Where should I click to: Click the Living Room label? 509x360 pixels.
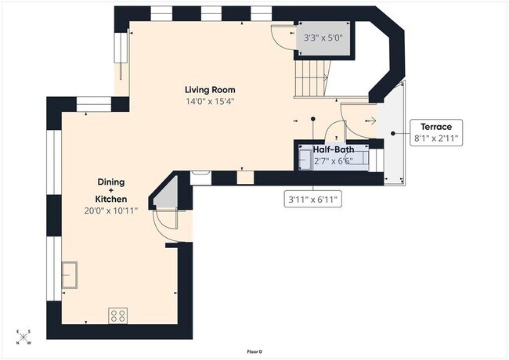pyautogui.click(x=210, y=89)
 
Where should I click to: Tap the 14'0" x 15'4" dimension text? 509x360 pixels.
pyautogui.click(x=210, y=102)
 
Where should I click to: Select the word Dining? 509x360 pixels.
pyautogui.click(x=110, y=182)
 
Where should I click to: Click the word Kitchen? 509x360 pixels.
pyautogui.click(x=110, y=200)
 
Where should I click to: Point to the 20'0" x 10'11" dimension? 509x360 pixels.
pyautogui.click(x=110, y=211)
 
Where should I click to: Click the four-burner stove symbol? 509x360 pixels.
pyautogui.click(x=118, y=315)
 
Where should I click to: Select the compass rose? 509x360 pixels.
pyautogui.click(x=22, y=337)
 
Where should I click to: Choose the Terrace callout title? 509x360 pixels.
pyautogui.click(x=436, y=127)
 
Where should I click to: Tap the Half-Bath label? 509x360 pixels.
pyautogui.click(x=333, y=149)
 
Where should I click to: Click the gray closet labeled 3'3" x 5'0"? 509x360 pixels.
pyautogui.click(x=323, y=38)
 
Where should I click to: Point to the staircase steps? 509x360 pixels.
pyautogui.click(x=312, y=79)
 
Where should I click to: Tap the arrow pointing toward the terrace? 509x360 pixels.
pyautogui.click(x=370, y=121)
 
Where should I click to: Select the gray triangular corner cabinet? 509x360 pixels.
pyautogui.click(x=167, y=193)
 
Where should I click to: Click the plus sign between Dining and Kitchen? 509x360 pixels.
pyautogui.click(x=110, y=190)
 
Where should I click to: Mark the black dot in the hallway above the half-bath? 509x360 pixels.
pyautogui.click(x=312, y=119)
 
